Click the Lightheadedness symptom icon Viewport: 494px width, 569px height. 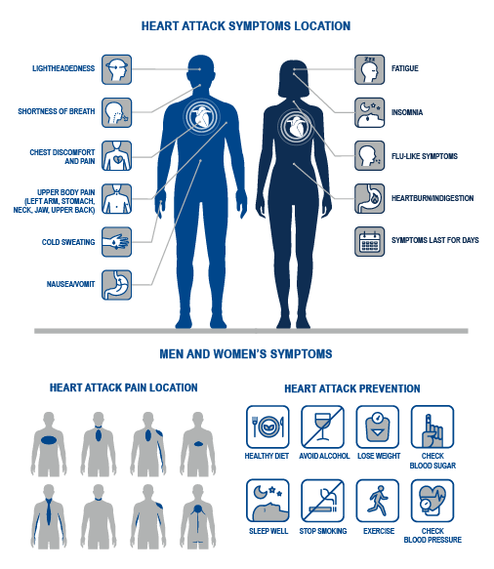[x=116, y=69]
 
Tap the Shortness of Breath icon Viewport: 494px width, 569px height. [x=116, y=112]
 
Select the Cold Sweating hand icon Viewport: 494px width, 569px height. [x=116, y=242]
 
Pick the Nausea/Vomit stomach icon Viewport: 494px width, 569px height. [x=116, y=285]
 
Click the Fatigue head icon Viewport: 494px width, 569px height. [x=369, y=69]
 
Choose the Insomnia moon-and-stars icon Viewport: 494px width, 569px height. [x=369, y=112]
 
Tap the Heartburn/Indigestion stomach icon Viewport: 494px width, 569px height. [x=369, y=198]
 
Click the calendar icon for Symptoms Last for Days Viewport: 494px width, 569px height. [x=369, y=242]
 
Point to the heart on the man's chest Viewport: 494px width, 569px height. [x=201, y=117]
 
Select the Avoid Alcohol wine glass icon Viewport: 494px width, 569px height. [x=322, y=427]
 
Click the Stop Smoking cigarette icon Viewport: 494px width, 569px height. [x=322, y=501]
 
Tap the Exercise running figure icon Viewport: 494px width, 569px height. [x=378, y=501]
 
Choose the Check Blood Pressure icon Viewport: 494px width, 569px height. [x=432, y=501]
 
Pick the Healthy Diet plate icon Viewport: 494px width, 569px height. [x=268, y=427]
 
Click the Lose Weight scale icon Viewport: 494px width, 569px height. [x=378, y=427]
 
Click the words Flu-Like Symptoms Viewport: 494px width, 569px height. [x=425, y=156]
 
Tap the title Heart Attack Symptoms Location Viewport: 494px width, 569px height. [x=246, y=26]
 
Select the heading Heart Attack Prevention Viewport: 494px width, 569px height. [x=352, y=388]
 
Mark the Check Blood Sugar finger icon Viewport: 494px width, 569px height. [x=432, y=427]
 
